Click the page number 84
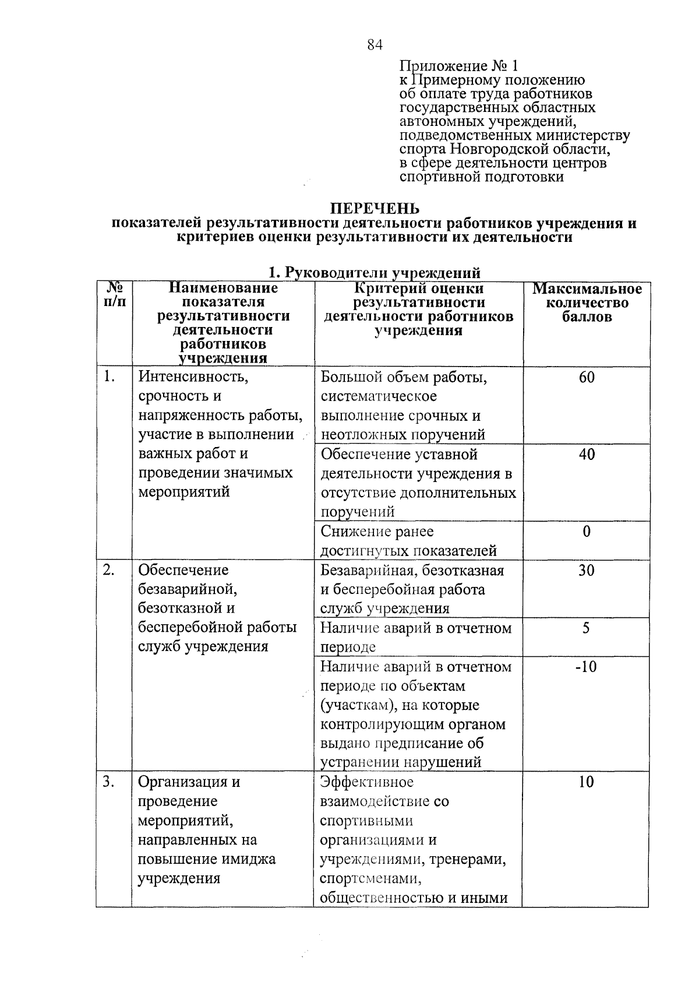click(x=375, y=44)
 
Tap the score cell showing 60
click(x=587, y=378)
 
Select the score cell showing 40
click(x=587, y=455)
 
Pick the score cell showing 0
click(x=587, y=532)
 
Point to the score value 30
click(x=587, y=571)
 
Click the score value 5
click(x=587, y=628)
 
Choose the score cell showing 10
click(x=587, y=782)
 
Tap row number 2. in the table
click(x=109, y=570)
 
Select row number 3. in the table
click(x=109, y=782)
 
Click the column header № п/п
click(x=114, y=295)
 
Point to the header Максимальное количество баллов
click(x=587, y=303)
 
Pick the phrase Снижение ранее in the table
click(x=377, y=532)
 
